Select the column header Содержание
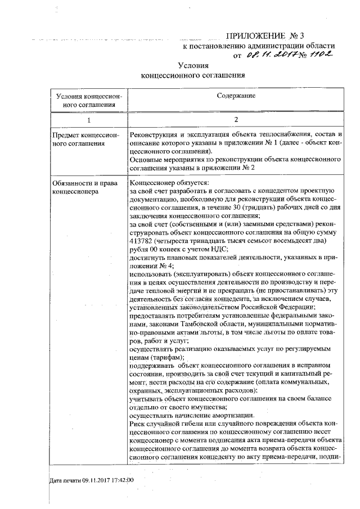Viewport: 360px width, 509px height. [236, 96]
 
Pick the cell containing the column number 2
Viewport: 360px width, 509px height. [236, 120]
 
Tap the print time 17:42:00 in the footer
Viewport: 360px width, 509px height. [120, 480]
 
